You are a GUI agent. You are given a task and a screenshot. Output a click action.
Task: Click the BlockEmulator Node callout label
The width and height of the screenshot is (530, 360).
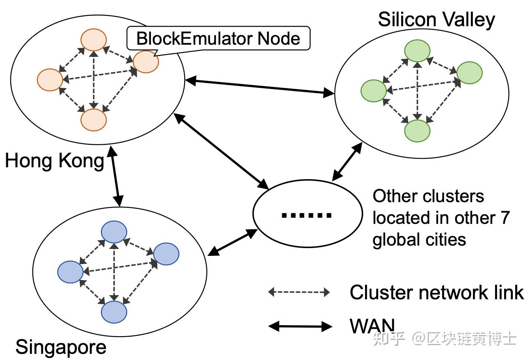[218, 39]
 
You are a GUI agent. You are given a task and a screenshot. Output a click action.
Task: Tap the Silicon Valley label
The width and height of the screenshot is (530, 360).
[436, 19]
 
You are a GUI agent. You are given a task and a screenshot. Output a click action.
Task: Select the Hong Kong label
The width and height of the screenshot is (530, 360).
[55, 161]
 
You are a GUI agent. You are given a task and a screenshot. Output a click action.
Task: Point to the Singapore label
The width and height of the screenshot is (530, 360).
[61, 347]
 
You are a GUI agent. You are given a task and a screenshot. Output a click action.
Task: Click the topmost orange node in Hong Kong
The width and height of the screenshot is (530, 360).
[94, 40]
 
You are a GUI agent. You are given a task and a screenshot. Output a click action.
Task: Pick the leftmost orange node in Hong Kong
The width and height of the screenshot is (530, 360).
[50, 80]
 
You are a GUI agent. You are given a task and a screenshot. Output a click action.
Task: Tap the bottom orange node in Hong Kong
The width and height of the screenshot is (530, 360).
[94, 120]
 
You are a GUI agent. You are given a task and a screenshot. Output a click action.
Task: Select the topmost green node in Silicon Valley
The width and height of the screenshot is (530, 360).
[417, 51]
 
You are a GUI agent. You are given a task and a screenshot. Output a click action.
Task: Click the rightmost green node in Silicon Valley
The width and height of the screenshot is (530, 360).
[469, 73]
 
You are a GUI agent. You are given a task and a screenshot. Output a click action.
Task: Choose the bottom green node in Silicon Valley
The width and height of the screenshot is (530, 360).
[417, 131]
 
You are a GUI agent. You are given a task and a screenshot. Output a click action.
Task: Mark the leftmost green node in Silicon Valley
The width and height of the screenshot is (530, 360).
[373, 91]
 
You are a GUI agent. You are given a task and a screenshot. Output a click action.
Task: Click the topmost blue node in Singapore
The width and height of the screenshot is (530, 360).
[114, 232]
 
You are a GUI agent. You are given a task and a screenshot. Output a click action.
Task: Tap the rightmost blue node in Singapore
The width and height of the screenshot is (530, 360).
[166, 254]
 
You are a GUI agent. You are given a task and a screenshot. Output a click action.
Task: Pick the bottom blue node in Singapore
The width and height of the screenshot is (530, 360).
[114, 312]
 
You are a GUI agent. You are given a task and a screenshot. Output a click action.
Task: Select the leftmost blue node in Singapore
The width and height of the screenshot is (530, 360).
[71, 272]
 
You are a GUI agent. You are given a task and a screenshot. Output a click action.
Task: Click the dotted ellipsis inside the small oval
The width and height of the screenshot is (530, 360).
[306, 215]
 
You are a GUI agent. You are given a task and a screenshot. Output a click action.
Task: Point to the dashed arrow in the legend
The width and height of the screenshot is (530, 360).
[299, 292]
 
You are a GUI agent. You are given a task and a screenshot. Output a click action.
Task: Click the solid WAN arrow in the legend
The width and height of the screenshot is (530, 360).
[300, 326]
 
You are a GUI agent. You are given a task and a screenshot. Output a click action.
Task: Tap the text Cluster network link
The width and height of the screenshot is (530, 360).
[436, 292]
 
